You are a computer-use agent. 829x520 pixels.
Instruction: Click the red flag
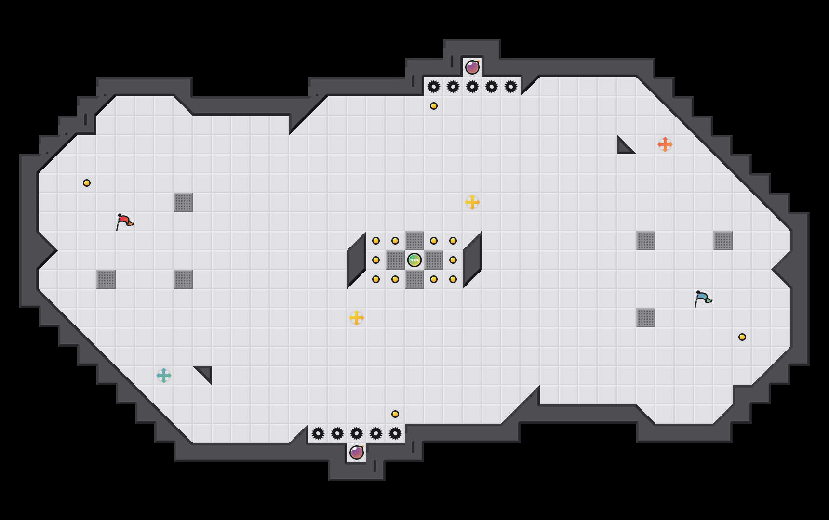click(x=124, y=221)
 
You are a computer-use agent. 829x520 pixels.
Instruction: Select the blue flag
click(x=703, y=299)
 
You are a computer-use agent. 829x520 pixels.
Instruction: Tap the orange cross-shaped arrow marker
click(x=665, y=144)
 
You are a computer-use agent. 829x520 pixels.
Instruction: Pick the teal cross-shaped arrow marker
click(x=164, y=376)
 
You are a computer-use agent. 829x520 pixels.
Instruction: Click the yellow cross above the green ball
click(x=472, y=202)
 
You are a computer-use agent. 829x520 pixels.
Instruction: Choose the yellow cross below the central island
click(x=357, y=318)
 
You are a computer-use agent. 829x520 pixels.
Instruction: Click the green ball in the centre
click(x=414, y=260)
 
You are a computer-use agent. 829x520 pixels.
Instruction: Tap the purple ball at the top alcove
click(x=472, y=67)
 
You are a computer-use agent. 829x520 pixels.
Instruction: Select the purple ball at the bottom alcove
click(x=357, y=453)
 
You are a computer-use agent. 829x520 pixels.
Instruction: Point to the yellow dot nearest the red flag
click(x=87, y=183)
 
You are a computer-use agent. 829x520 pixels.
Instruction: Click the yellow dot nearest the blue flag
click(x=742, y=337)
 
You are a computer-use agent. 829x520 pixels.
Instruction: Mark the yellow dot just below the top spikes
click(x=434, y=106)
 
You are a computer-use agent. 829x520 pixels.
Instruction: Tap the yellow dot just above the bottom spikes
click(x=395, y=414)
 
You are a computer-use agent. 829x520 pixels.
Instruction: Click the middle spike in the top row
click(x=472, y=87)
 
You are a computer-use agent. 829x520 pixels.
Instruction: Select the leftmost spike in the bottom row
click(x=318, y=433)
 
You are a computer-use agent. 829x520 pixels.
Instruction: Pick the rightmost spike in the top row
click(x=511, y=87)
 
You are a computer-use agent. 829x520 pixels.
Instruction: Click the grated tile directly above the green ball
click(x=414, y=241)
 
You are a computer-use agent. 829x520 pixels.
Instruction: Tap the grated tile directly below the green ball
click(x=414, y=279)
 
